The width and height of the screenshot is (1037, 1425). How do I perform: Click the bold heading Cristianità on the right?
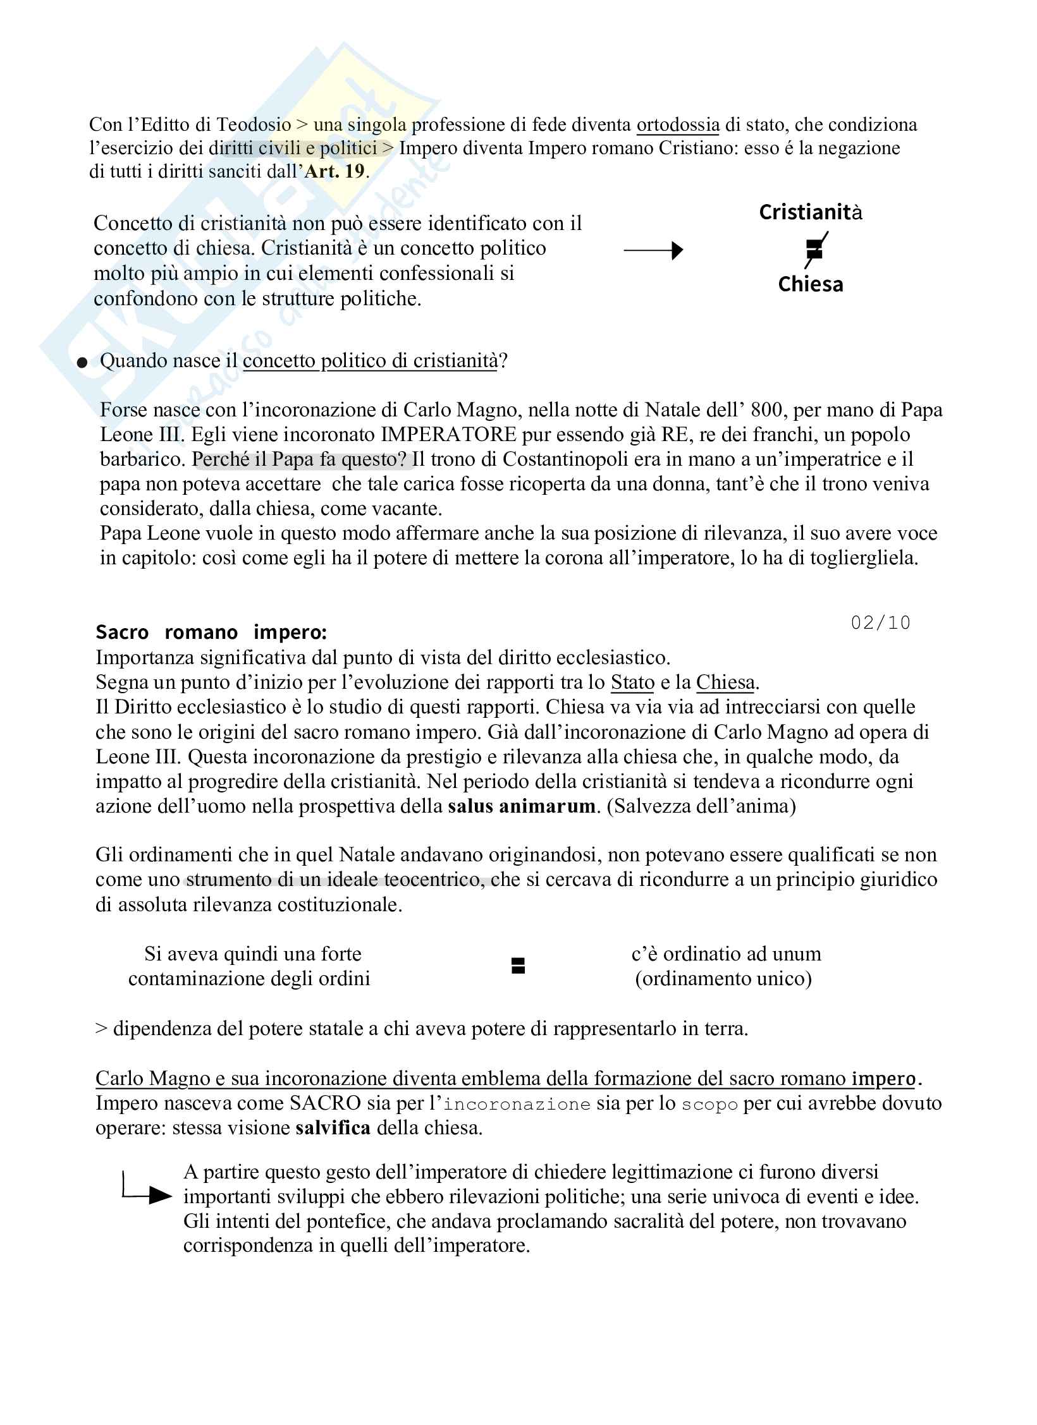click(810, 212)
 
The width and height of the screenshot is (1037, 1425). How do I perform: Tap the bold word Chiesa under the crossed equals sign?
click(810, 284)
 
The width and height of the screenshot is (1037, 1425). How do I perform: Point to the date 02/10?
click(880, 623)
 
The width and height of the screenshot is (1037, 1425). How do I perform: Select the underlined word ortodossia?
click(677, 124)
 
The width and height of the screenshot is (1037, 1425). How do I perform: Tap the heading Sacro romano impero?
click(211, 632)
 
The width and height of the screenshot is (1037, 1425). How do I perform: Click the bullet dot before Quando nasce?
click(82, 363)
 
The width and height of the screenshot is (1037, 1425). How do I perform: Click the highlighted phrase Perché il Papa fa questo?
click(301, 459)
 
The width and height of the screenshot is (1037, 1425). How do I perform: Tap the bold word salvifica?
click(333, 1128)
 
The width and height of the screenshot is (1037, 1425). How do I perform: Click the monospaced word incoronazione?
click(517, 1104)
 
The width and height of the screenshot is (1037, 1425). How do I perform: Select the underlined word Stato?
click(632, 682)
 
